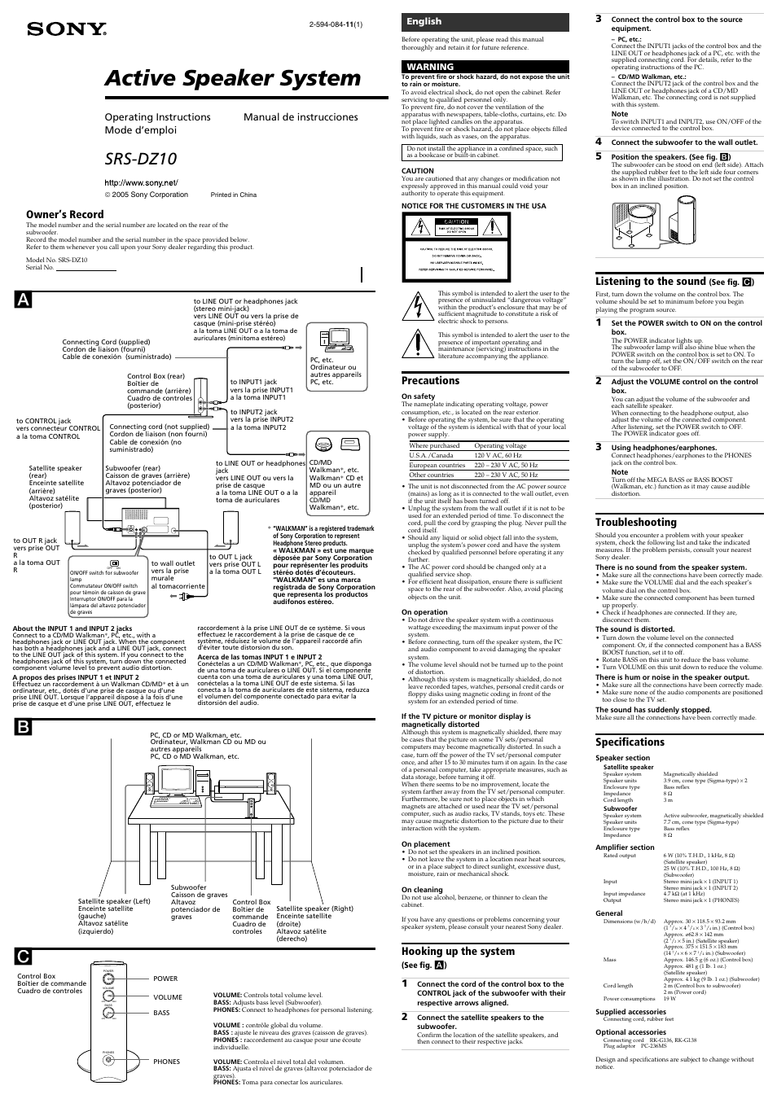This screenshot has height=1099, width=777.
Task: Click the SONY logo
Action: pyautogui.click(x=68, y=30)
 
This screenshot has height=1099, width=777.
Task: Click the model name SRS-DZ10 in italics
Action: pyautogui.click(x=140, y=158)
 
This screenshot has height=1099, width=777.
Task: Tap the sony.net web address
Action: pyautogui.click(x=141, y=182)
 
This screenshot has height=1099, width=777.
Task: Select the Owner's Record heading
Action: pyautogui.click(x=65, y=215)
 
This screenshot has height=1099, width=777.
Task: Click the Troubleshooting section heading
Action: pyautogui.click(x=635, y=523)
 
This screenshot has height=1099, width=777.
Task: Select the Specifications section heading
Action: pyautogui.click(x=630, y=742)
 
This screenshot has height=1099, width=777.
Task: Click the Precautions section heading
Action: pyautogui.click(x=430, y=381)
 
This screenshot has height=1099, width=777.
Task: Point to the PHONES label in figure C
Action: pyautogui.click(x=166, y=1062)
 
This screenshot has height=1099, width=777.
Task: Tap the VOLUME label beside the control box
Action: pyautogui.click(x=168, y=997)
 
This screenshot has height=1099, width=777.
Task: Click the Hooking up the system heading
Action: pyautogui.click(x=458, y=952)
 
